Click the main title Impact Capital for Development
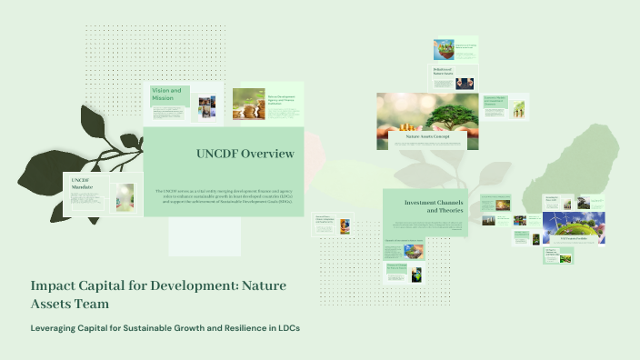(159, 294)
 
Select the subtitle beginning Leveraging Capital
(165, 327)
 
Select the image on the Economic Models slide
(518, 109)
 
